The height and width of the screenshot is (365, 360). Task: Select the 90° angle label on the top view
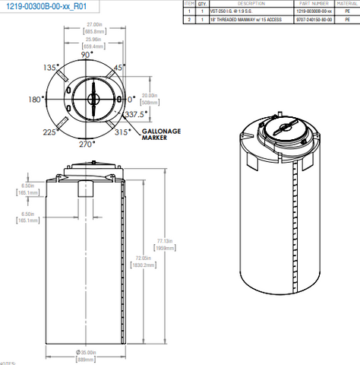tap(87, 56)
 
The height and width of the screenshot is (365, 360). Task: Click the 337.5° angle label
tap(137, 115)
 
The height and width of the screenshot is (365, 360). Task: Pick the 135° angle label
tap(52, 67)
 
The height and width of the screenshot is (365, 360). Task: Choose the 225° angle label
tap(51, 132)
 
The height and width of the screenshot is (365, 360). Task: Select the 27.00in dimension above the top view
tap(95, 24)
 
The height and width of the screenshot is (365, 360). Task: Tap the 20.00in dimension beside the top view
tap(150, 95)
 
